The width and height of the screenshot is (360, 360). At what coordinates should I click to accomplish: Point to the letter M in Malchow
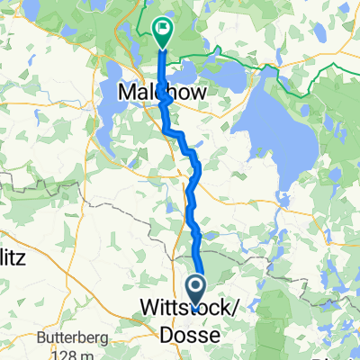127,93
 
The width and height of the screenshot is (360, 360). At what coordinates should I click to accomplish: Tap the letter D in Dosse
167,334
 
